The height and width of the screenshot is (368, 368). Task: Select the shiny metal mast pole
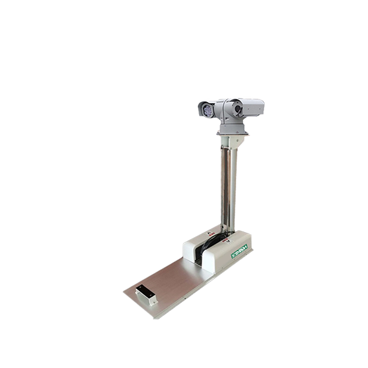(229, 190)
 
